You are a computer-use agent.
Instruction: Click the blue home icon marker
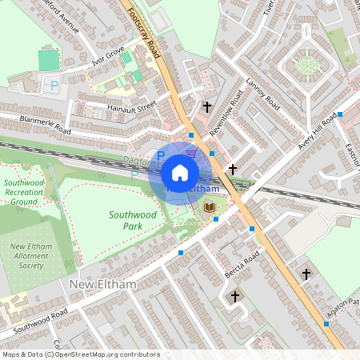pyautogui.click(x=180, y=173)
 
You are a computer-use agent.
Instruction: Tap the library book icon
pyautogui.click(x=210, y=208)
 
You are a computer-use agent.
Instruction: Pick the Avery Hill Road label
pyautogui.click(x=317, y=131)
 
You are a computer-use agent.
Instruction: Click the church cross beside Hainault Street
pyautogui.click(x=207, y=106)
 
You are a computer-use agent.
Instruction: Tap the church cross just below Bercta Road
pyautogui.click(x=235, y=297)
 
